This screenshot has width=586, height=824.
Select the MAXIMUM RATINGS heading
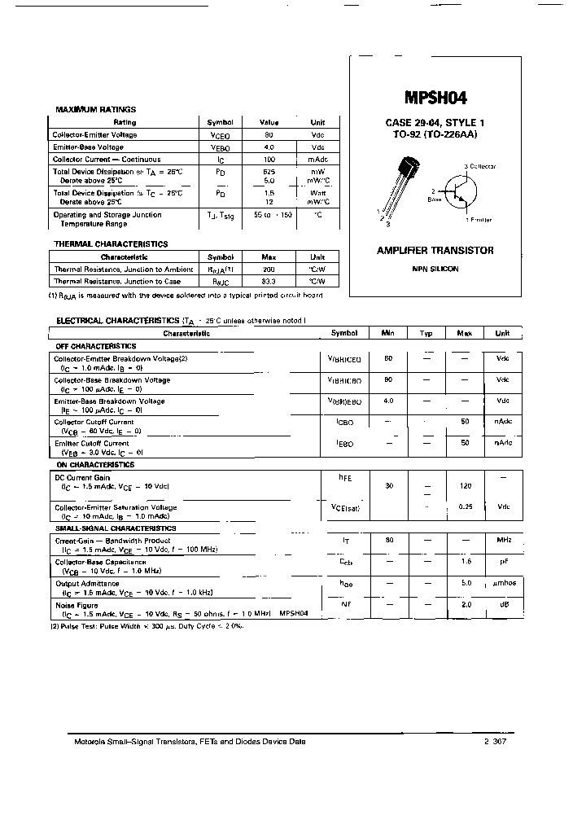click(x=95, y=109)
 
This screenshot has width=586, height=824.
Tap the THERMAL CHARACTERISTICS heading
click(x=111, y=244)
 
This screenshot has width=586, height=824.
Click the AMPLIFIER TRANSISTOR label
click(x=435, y=251)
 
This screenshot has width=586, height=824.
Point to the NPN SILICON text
click(x=435, y=269)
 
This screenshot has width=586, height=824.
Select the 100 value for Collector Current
click(x=269, y=160)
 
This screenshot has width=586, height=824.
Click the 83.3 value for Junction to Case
click(x=269, y=281)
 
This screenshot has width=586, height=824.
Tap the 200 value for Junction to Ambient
click(x=269, y=269)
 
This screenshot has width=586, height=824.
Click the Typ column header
click(x=426, y=333)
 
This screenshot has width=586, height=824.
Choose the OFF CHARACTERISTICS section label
click(x=95, y=346)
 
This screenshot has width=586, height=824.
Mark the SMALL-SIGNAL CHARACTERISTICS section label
click(x=115, y=528)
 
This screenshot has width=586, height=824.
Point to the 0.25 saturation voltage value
click(x=465, y=506)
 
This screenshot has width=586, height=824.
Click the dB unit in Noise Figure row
click(x=503, y=604)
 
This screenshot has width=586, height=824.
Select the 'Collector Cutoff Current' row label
click(x=94, y=422)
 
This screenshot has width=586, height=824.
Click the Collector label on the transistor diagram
click(x=482, y=166)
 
